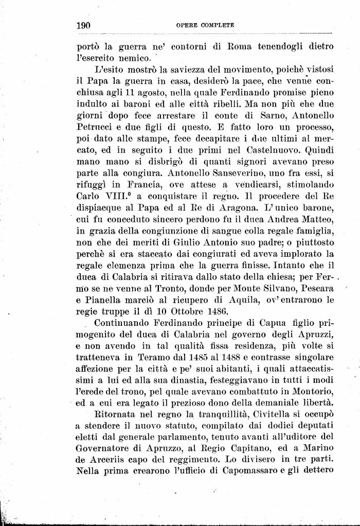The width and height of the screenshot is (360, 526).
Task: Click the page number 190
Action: (x=83, y=25)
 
